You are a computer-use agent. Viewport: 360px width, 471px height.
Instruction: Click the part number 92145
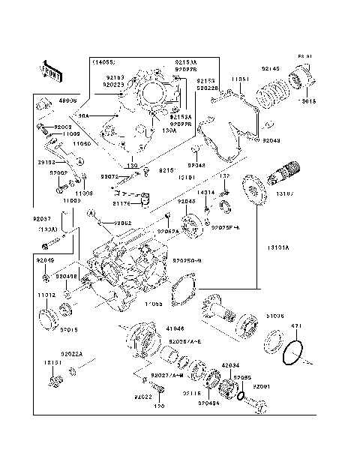270,69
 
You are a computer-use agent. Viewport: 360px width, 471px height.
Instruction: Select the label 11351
240,79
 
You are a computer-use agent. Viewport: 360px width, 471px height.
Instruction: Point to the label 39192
46,160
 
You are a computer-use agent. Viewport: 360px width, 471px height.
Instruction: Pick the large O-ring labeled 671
295,352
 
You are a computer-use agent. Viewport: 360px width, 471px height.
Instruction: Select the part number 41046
174,328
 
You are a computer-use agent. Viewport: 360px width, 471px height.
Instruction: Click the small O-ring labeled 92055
241,394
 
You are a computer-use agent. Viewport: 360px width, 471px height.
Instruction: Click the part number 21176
121,203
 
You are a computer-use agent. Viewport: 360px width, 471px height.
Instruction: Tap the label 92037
42,219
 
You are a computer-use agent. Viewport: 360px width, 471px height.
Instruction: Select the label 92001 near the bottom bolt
262,386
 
